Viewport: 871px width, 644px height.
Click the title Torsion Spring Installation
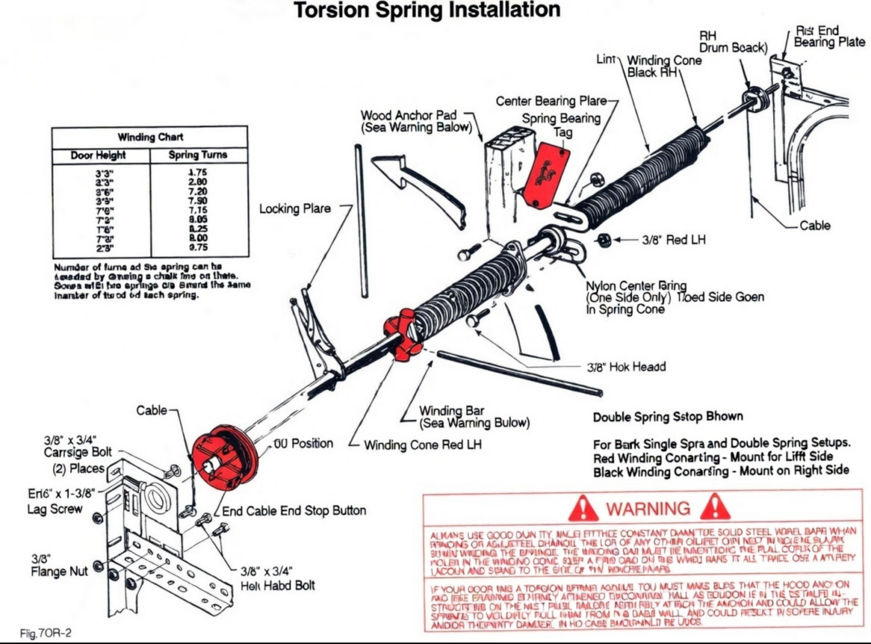(427, 10)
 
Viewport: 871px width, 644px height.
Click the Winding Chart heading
(150, 137)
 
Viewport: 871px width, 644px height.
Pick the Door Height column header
(98, 155)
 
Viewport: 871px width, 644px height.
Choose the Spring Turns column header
(197, 155)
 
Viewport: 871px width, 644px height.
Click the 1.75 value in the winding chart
(197, 172)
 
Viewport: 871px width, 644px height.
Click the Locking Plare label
(295, 209)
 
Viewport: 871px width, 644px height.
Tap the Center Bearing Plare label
(551, 101)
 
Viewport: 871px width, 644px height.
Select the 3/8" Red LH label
(674, 240)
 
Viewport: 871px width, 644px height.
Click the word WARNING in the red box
(648, 508)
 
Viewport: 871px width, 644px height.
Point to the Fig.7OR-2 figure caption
(45, 633)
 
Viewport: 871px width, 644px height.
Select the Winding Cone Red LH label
(422, 445)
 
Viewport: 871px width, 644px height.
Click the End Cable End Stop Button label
(294, 511)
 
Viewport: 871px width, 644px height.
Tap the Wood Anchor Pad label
(416, 121)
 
